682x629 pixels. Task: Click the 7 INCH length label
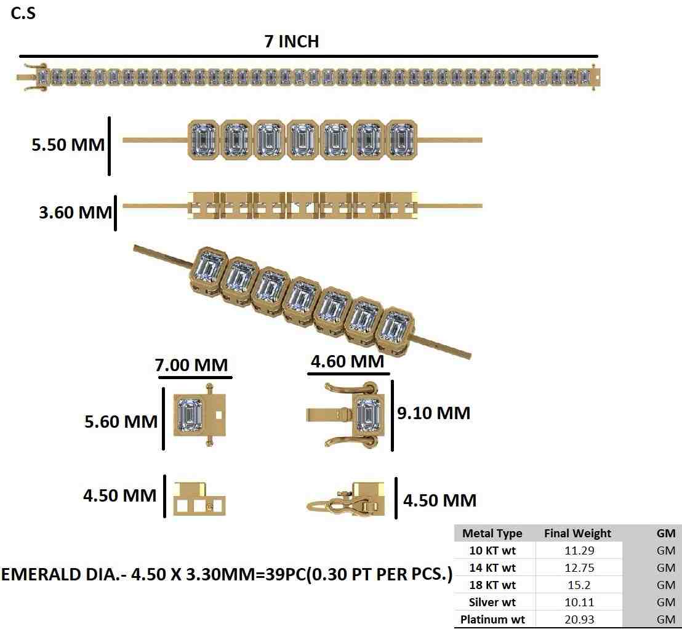point(291,41)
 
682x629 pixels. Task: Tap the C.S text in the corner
point(24,13)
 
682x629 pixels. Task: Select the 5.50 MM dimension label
point(68,145)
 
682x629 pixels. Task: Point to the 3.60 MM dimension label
point(75,212)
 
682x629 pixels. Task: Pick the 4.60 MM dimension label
point(347,361)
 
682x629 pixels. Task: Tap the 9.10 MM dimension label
point(433,413)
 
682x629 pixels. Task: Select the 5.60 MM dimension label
point(121,422)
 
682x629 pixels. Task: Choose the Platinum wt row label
point(492,619)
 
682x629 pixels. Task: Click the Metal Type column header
point(492,534)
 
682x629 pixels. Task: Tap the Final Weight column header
point(577,534)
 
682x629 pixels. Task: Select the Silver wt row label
point(492,602)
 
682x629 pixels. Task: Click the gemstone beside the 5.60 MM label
point(190,414)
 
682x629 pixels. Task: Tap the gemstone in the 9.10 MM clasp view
point(368,414)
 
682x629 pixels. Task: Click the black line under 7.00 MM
point(195,377)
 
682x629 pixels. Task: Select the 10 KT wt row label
point(492,550)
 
